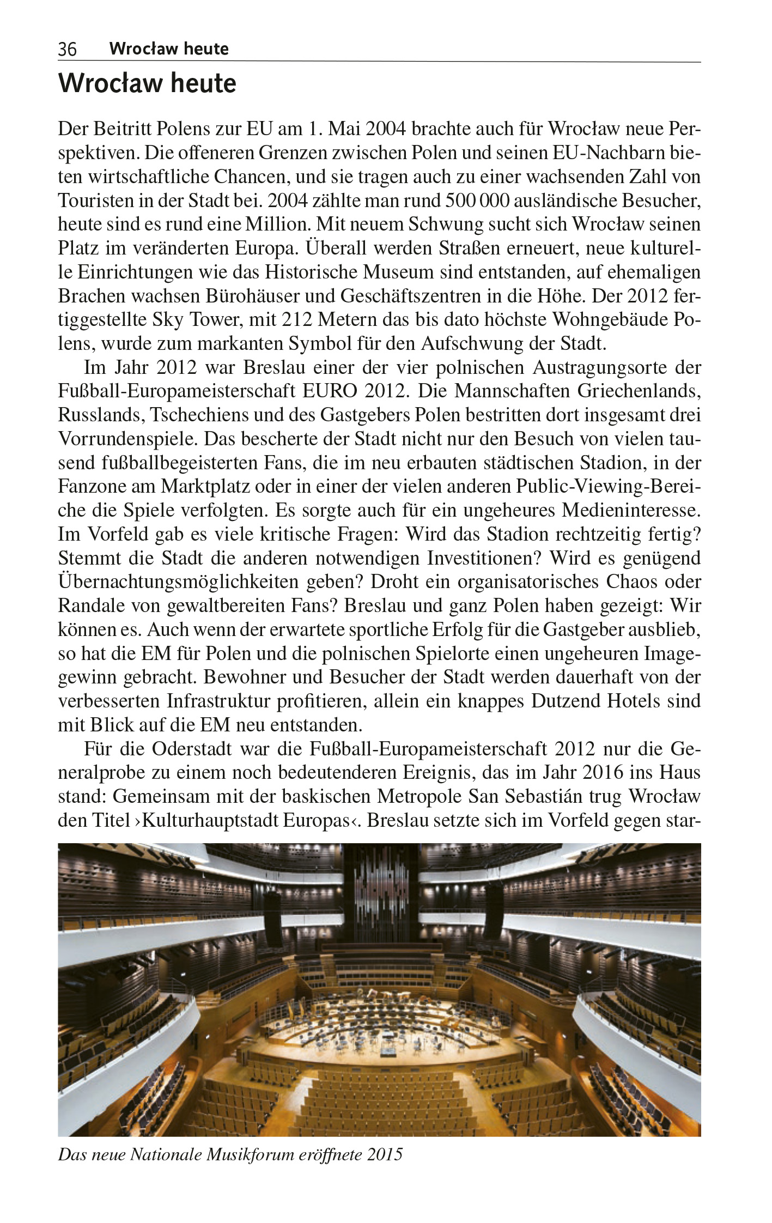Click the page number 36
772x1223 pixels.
coord(68,50)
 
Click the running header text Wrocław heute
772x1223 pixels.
coord(168,49)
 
